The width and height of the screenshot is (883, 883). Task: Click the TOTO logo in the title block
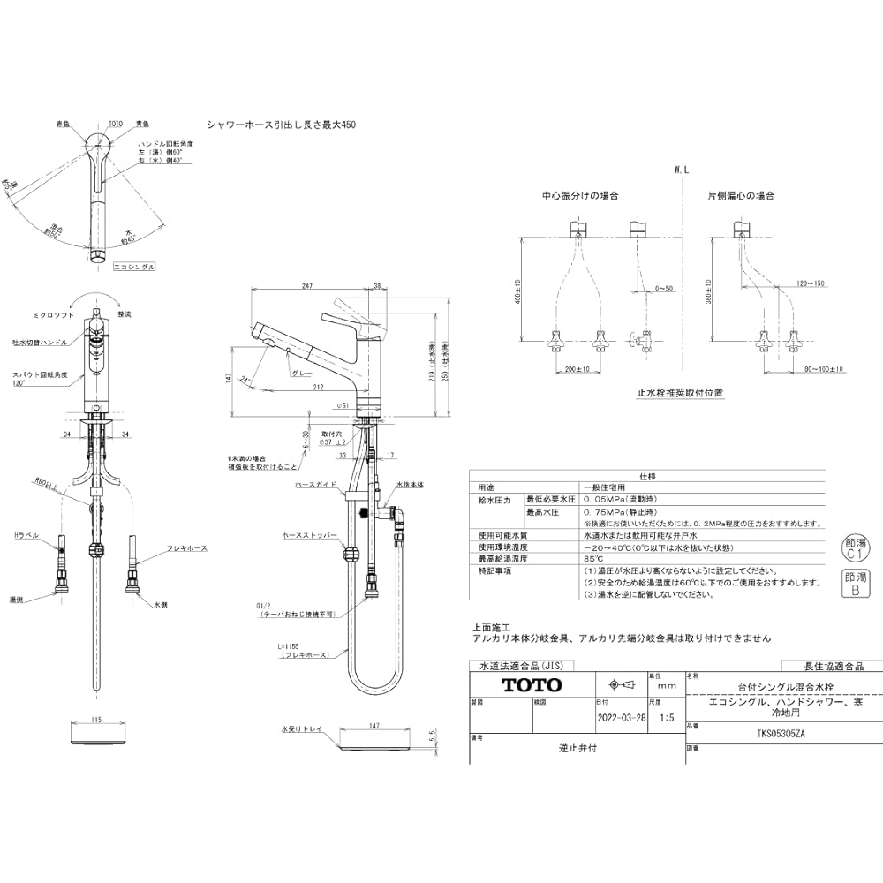point(531,685)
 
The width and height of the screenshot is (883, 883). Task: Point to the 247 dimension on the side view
point(307,286)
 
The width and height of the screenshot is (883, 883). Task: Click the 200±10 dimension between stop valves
point(577,368)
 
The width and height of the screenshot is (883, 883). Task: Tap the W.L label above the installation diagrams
point(680,169)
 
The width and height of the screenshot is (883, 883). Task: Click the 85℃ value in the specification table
point(592,558)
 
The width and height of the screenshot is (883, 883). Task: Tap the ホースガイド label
point(313,485)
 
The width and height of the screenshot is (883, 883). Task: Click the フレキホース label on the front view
point(186,548)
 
